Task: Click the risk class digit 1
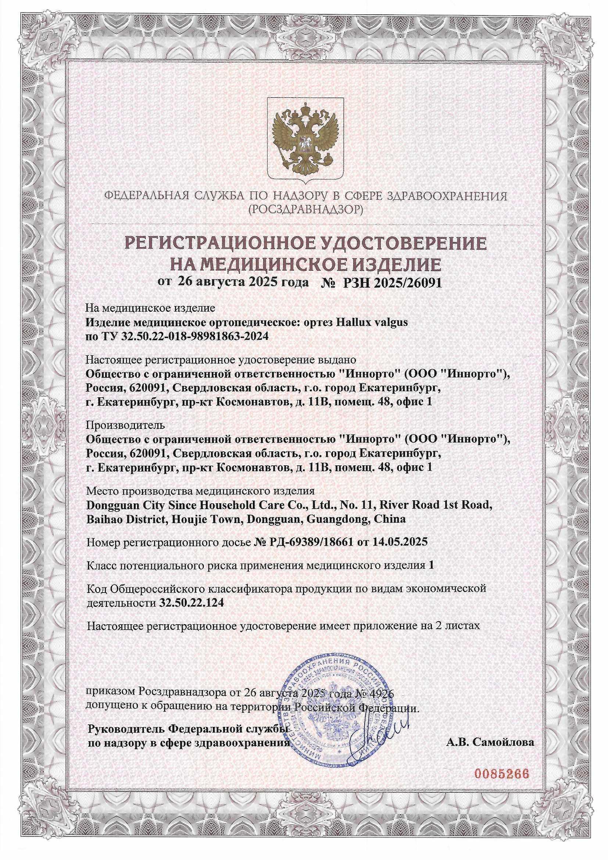432,565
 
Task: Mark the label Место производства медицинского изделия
200,491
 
